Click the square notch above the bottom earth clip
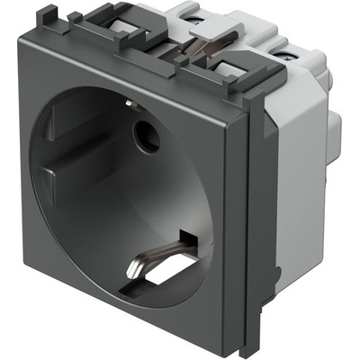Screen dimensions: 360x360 coord(188,238)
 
